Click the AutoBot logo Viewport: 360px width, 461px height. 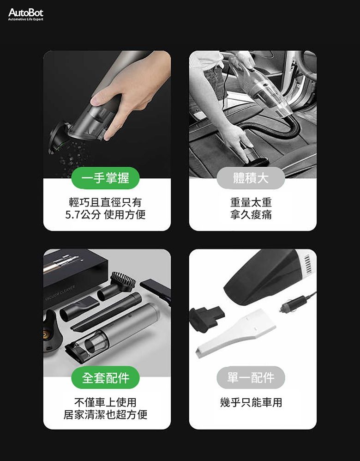click(25, 14)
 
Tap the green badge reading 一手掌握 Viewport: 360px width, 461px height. click(105, 178)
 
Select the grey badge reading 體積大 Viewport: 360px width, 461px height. click(251, 178)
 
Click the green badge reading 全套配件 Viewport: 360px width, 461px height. click(105, 377)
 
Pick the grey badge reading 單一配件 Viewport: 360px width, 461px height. click(251, 377)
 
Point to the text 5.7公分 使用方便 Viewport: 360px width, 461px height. click(105, 215)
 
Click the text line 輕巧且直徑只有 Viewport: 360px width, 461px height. click(105, 202)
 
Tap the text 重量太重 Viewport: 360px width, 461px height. click(251, 202)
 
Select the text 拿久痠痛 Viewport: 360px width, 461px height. click(251, 215)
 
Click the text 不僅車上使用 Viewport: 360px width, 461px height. click(105, 402)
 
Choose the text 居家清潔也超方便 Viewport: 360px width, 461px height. click(105, 414)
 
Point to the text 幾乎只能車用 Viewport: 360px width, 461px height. click(251, 402)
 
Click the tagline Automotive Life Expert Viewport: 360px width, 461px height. click(25, 19)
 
